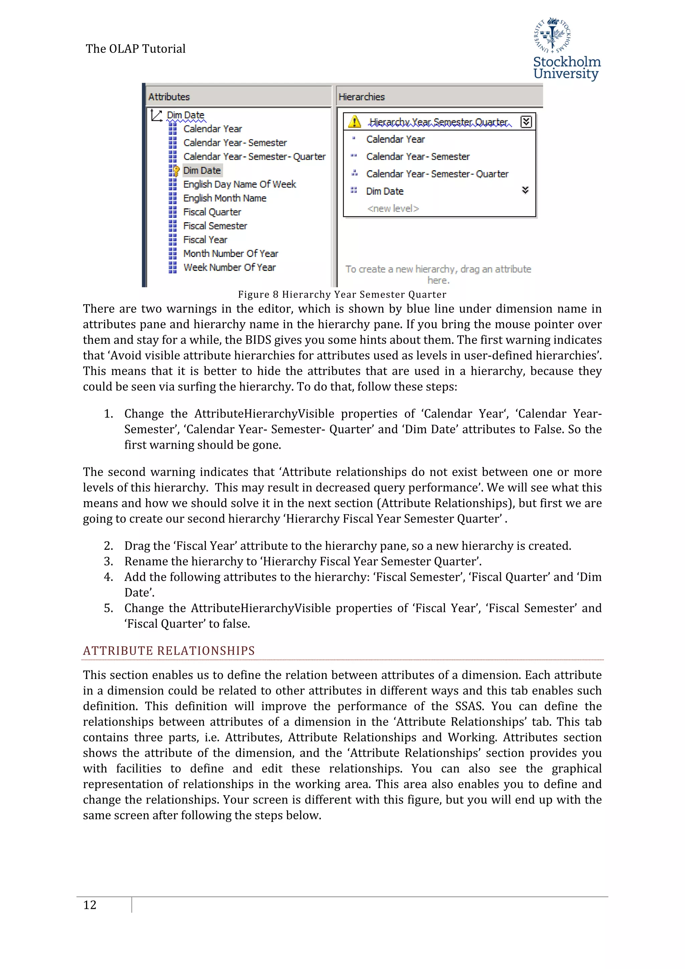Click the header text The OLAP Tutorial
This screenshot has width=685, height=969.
[x=135, y=49]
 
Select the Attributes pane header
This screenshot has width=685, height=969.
[x=169, y=97]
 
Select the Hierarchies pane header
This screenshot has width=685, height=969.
[x=362, y=97]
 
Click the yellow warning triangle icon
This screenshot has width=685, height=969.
[x=354, y=122]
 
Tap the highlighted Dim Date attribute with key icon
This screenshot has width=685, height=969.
[x=202, y=171]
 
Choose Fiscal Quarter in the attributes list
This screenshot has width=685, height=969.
[x=212, y=212]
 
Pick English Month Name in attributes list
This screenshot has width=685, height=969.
[x=224, y=198]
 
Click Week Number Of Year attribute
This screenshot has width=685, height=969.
[x=229, y=267]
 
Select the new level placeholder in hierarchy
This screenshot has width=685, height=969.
[x=393, y=208]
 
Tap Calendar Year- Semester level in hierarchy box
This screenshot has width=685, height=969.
[x=417, y=157]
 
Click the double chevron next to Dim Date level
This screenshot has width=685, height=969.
[x=525, y=190]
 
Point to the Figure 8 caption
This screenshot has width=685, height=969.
[x=342, y=294]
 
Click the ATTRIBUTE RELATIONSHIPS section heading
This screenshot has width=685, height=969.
[x=169, y=650]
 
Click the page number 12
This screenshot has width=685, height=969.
[x=90, y=904]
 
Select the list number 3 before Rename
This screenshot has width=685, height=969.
[x=108, y=561]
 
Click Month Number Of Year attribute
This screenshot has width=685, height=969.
[x=230, y=253]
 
